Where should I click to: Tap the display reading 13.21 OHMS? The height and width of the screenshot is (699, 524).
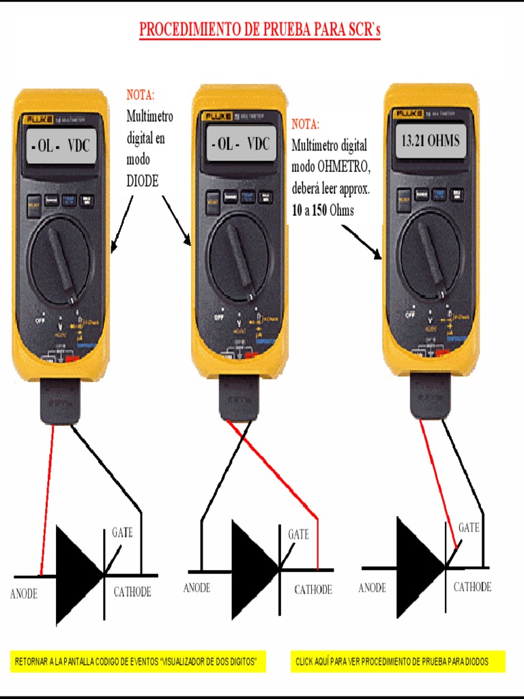coord(431,142)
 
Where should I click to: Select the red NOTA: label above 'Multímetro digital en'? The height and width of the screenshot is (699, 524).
coord(141,95)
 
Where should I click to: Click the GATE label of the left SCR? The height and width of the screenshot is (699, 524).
coord(122,532)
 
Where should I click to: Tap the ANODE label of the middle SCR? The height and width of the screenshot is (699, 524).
coord(196,588)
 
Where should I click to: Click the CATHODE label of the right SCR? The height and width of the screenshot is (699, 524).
coord(472,587)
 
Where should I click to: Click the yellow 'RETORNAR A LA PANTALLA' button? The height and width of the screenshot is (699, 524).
coord(139,661)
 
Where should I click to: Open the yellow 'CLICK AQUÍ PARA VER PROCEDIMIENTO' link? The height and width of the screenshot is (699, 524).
coord(398,661)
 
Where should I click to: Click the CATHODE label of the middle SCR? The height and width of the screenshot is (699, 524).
coord(313,590)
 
